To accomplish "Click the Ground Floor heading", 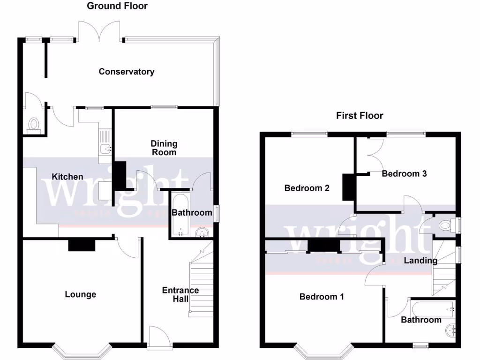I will [x=117, y=6].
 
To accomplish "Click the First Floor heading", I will [x=360, y=115].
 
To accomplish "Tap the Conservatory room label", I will [x=127, y=72].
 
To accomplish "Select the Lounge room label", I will [x=80, y=294].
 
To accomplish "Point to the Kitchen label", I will [x=67, y=177].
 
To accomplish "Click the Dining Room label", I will [x=164, y=148].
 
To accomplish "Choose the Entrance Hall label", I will [x=180, y=294].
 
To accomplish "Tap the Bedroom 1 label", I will [x=322, y=297].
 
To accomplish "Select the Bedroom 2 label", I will [x=307, y=188].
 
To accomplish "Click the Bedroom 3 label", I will [x=404, y=174].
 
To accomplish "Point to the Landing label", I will [x=420, y=261].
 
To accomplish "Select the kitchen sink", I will [x=105, y=149].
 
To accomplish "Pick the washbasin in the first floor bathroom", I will [x=451, y=330].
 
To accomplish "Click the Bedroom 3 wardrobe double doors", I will [x=375, y=155].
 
